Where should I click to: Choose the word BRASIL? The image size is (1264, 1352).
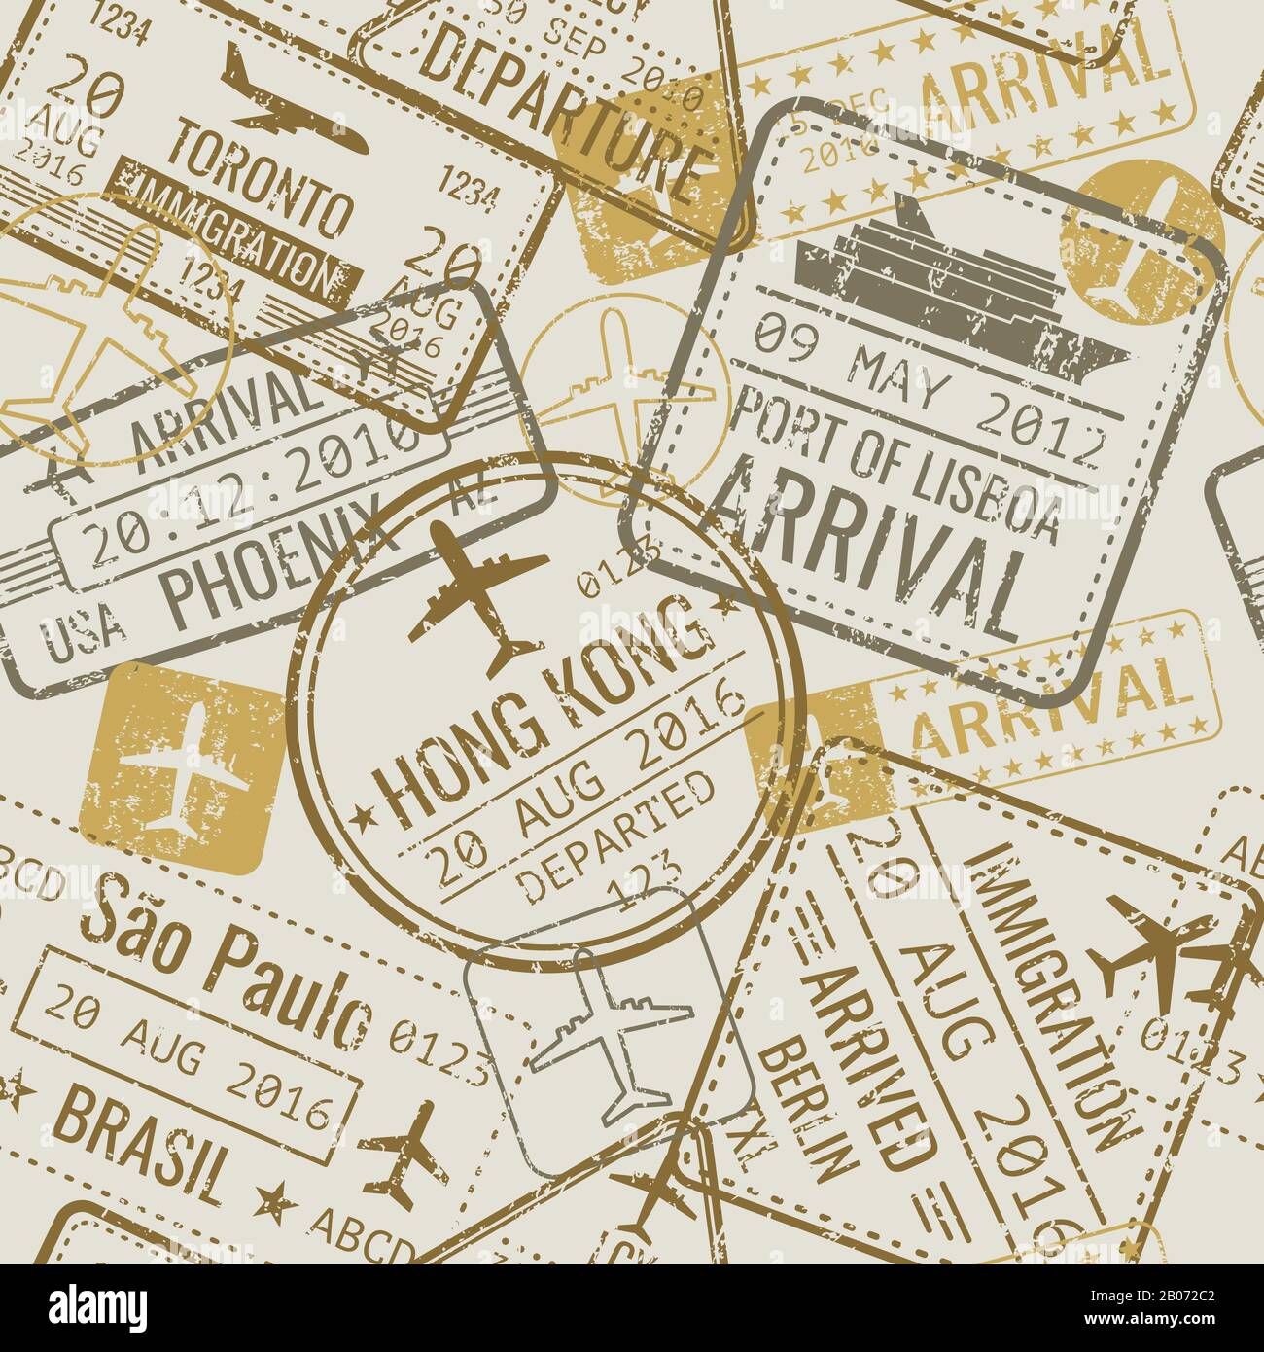[146, 1138]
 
